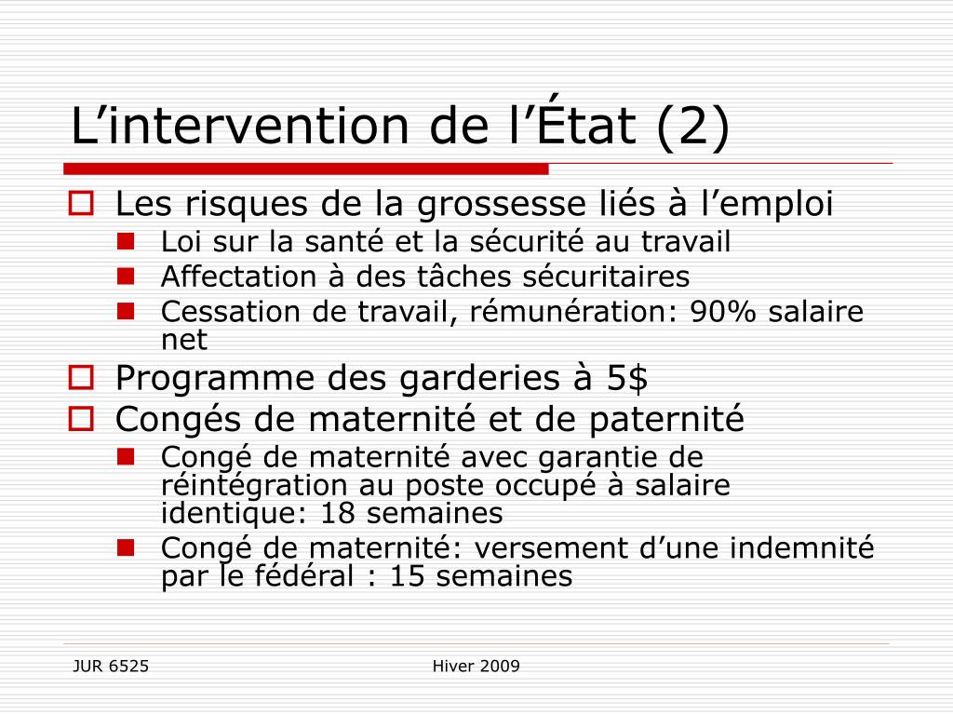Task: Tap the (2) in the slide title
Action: [692, 127]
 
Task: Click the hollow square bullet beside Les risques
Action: [81, 203]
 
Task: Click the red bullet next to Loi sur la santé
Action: [126, 241]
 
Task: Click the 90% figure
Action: [723, 311]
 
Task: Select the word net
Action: [184, 340]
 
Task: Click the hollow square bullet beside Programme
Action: [81, 378]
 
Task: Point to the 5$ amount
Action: [627, 378]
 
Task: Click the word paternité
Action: [666, 420]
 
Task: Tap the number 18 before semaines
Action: [337, 513]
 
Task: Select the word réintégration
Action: [254, 486]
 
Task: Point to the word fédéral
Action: [302, 575]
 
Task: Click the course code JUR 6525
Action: [111, 667]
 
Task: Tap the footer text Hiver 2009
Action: [476, 667]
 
